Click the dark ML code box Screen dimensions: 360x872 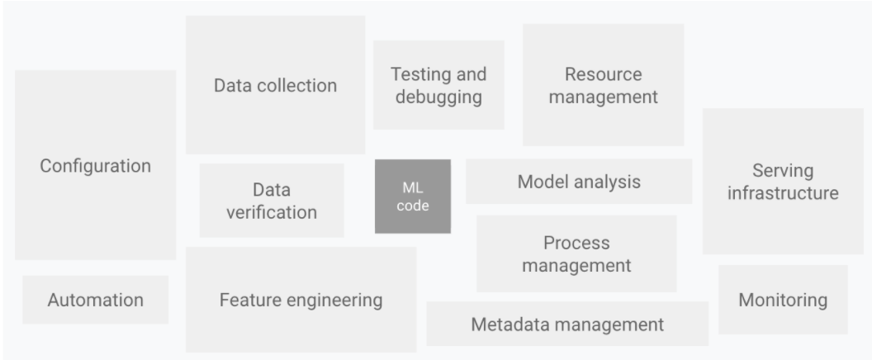tap(413, 197)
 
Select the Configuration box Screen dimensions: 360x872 tap(95, 165)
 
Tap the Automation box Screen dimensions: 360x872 tap(95, 300)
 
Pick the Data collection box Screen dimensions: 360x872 tap(275, 85)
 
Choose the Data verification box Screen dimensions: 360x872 tap(272, 201)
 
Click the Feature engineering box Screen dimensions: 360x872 tap(301, 300)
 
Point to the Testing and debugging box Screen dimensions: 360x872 tap(438, 85)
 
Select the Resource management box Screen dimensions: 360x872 tap(603, 85)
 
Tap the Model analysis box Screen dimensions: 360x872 tap(578, 182)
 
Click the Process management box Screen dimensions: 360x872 tap(576, 254)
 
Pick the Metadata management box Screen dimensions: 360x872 tap(566, 324)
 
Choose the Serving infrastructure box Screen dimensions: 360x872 tap(782, 182)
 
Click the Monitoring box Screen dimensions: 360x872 tap(782, 300)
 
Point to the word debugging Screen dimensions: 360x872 tap(438, 97)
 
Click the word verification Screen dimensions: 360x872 tap(272, 212)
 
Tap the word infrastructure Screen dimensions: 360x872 tap(782, 193)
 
